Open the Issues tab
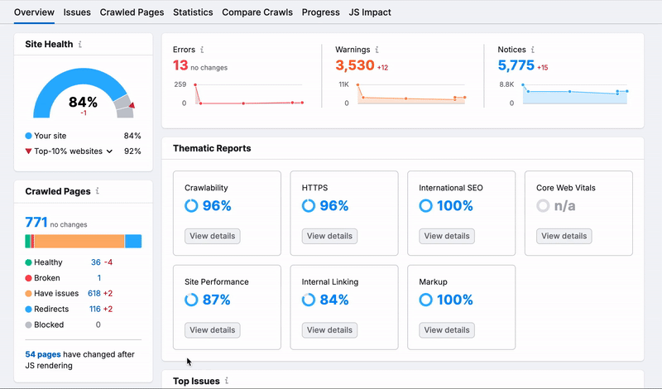coord(77,12)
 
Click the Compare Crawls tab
coord(257,12)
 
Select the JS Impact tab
coord(370,12)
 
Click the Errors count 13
coord(180,65)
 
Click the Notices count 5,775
coord(516,65)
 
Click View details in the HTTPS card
coord(329,236)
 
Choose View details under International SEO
coord(447,236)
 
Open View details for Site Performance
coord(212,330)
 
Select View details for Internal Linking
coord(329,330)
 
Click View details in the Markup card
coord(447,330)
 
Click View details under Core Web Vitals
coord(564,236)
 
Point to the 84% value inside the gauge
coord(83,103)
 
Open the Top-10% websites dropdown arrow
coord(109,151)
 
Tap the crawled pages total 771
coord(36,222)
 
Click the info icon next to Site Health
coord(80,44)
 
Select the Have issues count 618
coord(94,294)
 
